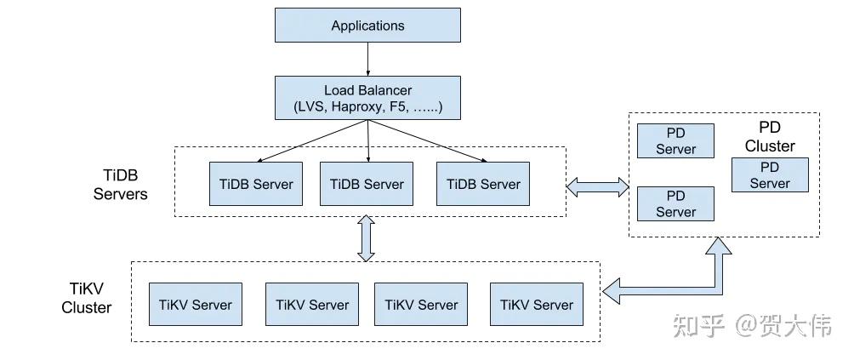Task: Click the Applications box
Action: pyautogui.click(x=367, y=25)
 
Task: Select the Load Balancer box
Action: pyautogui.click(x=367, y=98)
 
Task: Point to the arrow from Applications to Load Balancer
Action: pyautogui.click(x=367, y=59)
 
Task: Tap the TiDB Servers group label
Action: pyautogui.click(x=120, y=184)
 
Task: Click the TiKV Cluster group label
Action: pyautogui.click(x=87, y=298)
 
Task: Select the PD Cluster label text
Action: pyautogui.click(x=769, y=136)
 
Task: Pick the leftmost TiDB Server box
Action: pyautogui.click(x=256, y=184)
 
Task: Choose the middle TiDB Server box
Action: pyautogui.click(x=367, y=184)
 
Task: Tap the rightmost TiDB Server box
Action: pyautogui.click(x=482, y=184)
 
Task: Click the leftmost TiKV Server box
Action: pyautogui.click(x=195, y=304)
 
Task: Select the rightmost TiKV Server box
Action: pyautogui.click(x=536, y=304)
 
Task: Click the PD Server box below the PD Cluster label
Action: pyautogui.click(x=769, y=174)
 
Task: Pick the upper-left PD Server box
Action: pyautogui.click(x=675, y=140)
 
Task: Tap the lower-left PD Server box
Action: pyautogui.click(x=675, y=203)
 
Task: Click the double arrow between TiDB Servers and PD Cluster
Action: pyautogui.click(x=598, y=186)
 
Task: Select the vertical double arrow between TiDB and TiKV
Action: pyautogui.click(x=367, y=238)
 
